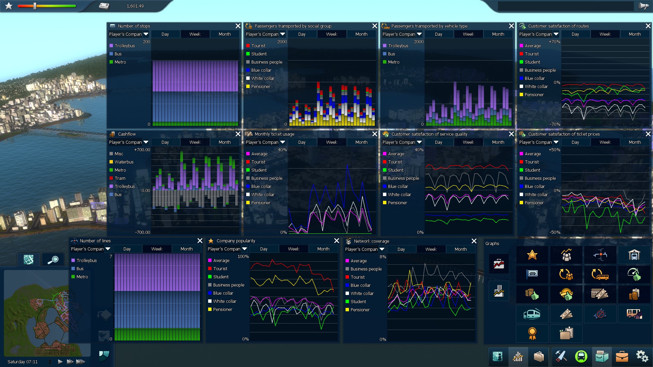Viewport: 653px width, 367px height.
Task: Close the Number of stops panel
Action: [x=238, y=26]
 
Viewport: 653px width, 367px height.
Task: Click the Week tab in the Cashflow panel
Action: [x=195, y=142]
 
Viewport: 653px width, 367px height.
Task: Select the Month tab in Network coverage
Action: [x=461, y=249]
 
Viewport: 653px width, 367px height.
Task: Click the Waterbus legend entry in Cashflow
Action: [x=124, y=162]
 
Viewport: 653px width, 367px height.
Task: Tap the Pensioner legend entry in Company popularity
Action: [x=222, y=309]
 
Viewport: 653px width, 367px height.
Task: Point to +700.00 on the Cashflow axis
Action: [x=142, y=150]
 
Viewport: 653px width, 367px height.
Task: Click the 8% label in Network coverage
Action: [x=383, y=257]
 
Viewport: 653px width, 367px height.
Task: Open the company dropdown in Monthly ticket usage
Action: [x=283, y=142]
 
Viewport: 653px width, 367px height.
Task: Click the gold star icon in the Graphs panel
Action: [x=532, y=255]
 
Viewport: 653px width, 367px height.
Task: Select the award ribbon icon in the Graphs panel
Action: [x=532, y=333]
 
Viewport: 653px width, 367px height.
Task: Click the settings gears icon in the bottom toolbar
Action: [x=642, y=356]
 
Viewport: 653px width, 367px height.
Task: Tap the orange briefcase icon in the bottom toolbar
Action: [x=622, y=356]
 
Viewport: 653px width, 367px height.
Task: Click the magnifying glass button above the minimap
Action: [x=53, y=260]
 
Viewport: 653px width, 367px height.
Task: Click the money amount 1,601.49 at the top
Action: [x=135, y=6]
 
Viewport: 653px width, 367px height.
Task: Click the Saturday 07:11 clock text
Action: [x=22, y=362]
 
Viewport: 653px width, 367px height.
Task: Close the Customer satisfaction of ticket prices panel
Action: [x=648, y=134]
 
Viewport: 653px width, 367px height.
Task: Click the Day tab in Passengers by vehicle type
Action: [x=438, y=34]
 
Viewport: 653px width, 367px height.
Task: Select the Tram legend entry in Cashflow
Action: [x=120, y=178]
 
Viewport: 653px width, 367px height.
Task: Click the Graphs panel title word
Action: [x=492, y=243]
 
